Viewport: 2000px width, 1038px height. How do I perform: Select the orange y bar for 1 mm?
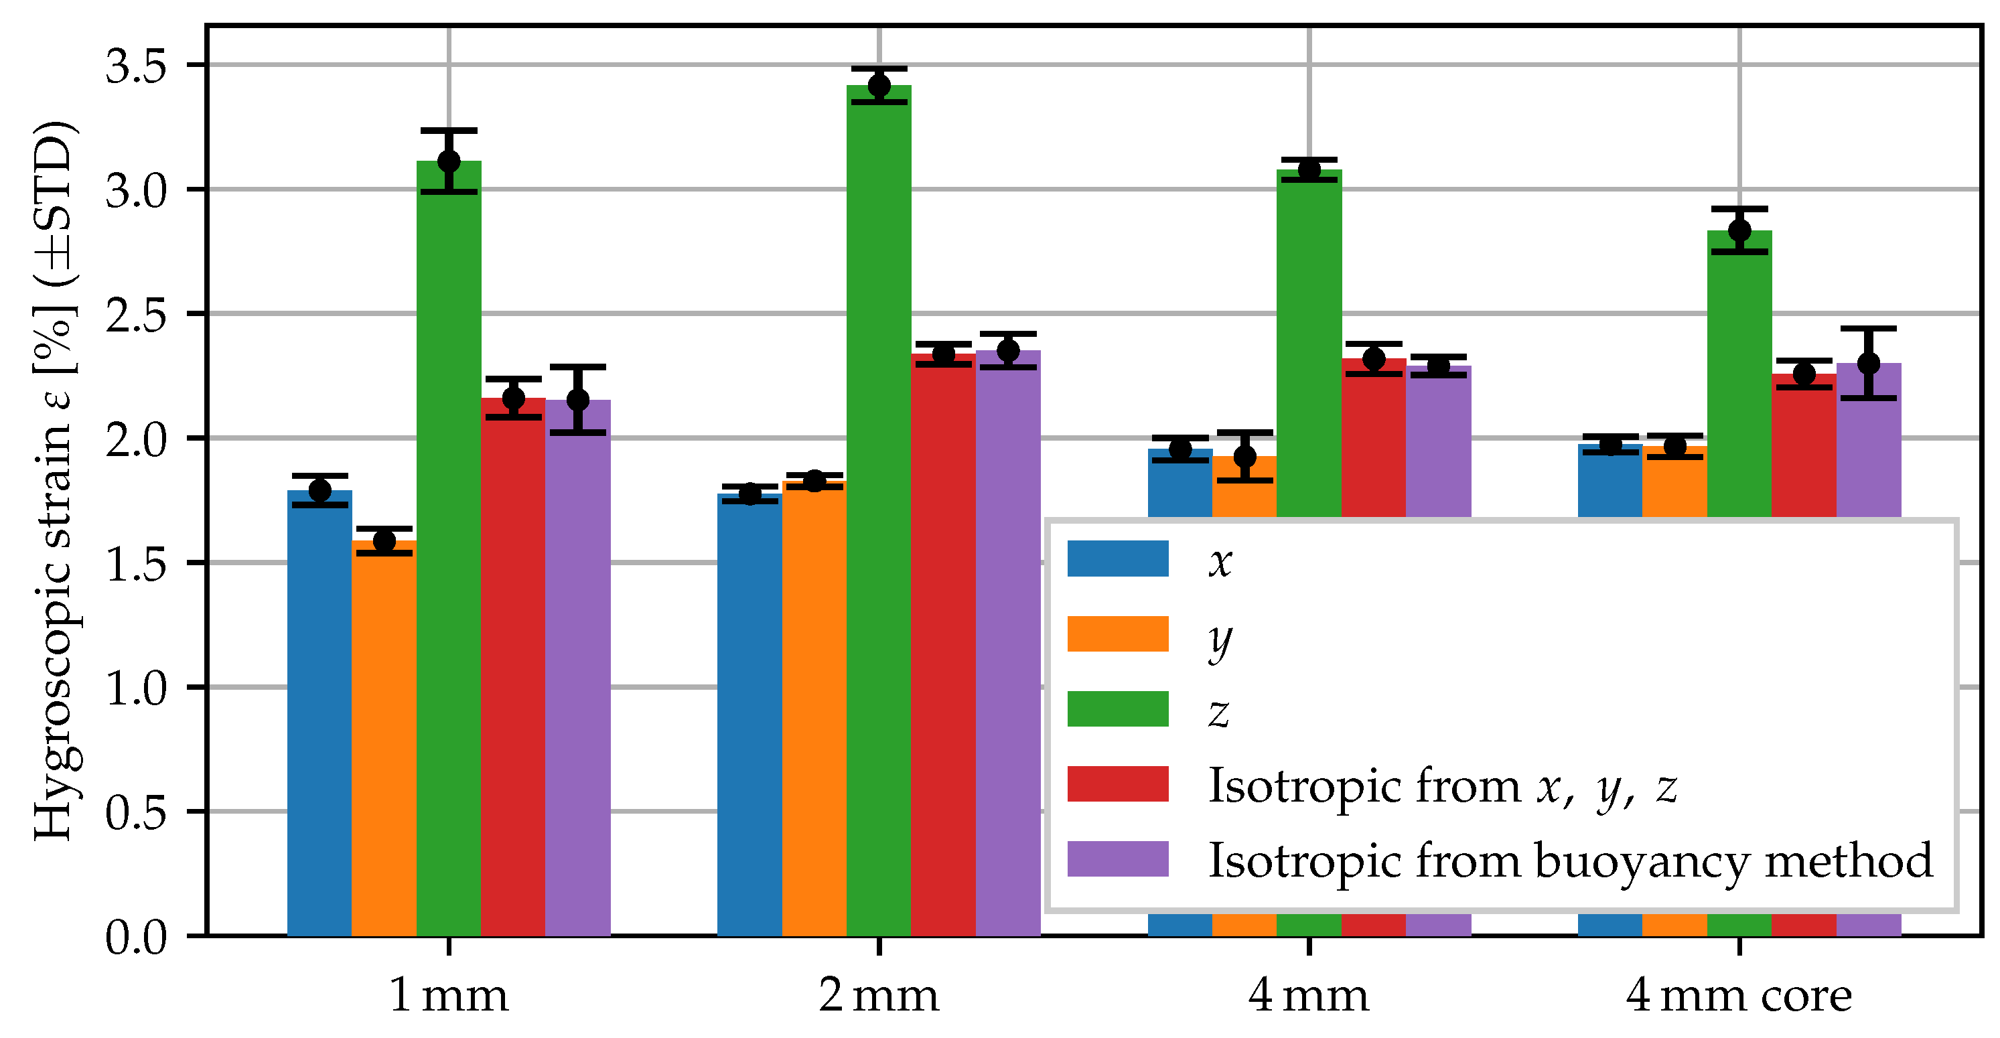pyautogui.click(x=384, y=737)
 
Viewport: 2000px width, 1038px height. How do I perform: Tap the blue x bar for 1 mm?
pyautogui.click(x=319, y=715)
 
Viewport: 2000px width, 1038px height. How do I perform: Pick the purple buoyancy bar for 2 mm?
pyautogui.click(x=1008, y=644)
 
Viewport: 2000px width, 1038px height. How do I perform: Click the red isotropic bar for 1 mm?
pyautogui.click(x=512, y=668)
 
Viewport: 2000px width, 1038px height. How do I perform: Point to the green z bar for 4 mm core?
pyautogui.click(x=1739, y=372)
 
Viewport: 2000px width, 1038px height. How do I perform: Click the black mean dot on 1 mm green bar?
pyautogui.click(x=449, y=161)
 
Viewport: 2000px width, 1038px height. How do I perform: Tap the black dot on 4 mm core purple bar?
pyautogui.click(x=1868, y=364)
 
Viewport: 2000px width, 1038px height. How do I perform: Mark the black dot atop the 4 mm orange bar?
pyautogui.click(x=1244, y=457)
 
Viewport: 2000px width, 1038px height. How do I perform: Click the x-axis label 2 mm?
pyautogui.click(x=878, y=996)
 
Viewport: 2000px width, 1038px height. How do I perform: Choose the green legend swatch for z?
pyautogui.click(x=1117, y=709)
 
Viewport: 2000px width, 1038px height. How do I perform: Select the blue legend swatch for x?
pyautogui.click(x=1117, y=559)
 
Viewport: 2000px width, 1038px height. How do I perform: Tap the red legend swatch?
pyautogui.click(x=1117, y=784)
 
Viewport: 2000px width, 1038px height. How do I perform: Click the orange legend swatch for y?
pyautogui.click(x=1117, y=634)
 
